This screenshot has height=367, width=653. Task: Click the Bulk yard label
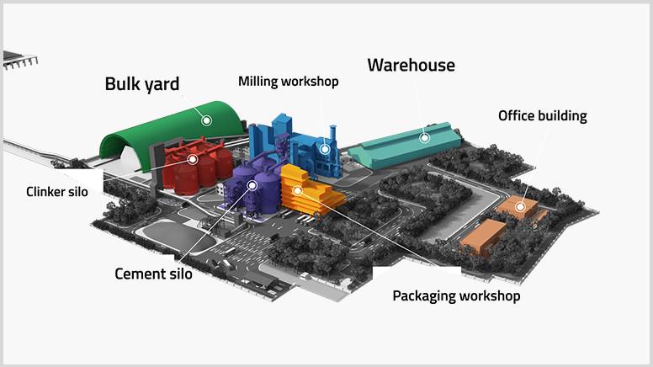pos(142,84)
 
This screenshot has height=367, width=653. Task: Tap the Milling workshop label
pos(288,82)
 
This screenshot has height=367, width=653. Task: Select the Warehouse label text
pos(411,65)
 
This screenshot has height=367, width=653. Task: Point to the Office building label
pos(542,116)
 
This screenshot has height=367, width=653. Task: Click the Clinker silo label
pos(57,192)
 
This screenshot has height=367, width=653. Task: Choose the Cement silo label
pos(153,274)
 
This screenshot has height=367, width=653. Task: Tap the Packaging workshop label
pos(456,296)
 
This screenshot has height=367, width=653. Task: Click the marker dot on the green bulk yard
pos(206,121)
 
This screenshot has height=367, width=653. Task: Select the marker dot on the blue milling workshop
pos(325,149)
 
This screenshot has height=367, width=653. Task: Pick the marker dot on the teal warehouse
pos(424,137)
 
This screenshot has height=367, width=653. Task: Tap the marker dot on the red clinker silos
pos(193,159)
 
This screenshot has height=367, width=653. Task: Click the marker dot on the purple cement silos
pos(252,185)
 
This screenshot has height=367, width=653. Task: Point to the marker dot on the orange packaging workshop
pos(297,191)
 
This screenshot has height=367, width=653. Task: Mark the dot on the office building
pos(520,206)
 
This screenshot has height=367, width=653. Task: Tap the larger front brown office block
pos(483,237)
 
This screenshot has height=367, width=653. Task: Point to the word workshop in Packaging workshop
pos(490,296)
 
